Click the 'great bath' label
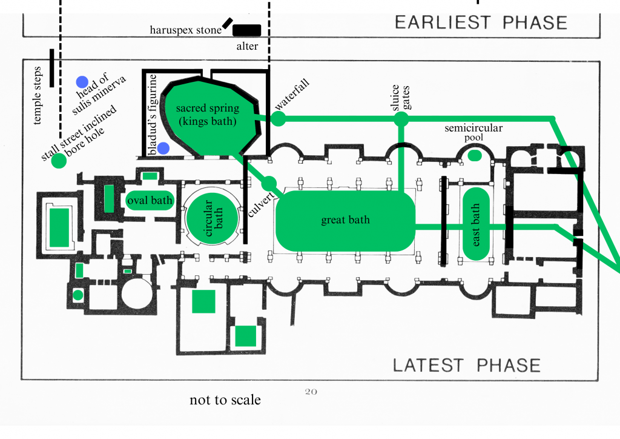[x=345, y=220]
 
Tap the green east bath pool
[x=477, y=224]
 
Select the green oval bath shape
[x=150, y=201]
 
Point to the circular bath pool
[x=208, y=216]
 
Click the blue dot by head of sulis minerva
[x=82, y=82]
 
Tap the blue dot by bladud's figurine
[x=163, y=148]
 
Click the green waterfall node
[x=278, y=119]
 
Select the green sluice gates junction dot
[x=401, y=119]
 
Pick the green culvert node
[x=269, y=183]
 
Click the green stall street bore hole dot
[x=59, y=161]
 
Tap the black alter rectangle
[x=247, y=30]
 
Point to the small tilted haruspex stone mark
[x=227, y=23]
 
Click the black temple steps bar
[x=52, y=67]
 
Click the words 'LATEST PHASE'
[x=466, y=366]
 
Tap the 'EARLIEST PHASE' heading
[x=481, y=23]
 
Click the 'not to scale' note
[x=225, y=400]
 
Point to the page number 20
[x=311, y=392]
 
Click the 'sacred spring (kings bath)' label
[x=207, y=115]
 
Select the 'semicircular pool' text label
[x=473, y=133]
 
